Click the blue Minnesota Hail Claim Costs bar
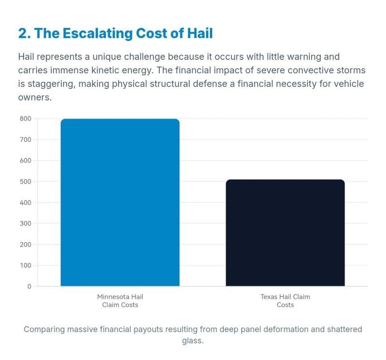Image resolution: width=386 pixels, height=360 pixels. point(120,203)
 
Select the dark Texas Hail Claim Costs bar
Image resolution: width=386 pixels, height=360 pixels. point(285,233)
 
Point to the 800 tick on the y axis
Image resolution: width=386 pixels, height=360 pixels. point(26,119)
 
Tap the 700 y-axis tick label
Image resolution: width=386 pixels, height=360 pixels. point(26,140)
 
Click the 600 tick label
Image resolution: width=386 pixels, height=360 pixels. point(26,161)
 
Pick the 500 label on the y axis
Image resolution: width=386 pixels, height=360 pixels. point(26,182)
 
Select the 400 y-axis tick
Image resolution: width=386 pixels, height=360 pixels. point(26,203)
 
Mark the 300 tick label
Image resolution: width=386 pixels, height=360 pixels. point(26,224)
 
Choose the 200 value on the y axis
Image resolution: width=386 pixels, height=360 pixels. point(26,245)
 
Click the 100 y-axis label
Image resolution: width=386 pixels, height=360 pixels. point(26,265)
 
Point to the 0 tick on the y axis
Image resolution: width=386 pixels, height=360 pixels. point(29,287)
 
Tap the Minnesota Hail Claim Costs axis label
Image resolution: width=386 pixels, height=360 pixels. point(120,301)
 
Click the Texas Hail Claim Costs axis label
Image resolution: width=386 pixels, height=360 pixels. point(285,301)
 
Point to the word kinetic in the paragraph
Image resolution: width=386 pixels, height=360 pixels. point(108,70)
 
